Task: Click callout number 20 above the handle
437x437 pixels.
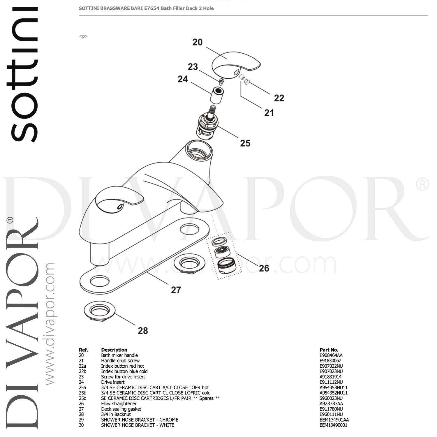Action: [197, 42]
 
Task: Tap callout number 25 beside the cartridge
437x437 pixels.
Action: [245, 143]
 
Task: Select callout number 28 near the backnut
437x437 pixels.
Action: [143, 330]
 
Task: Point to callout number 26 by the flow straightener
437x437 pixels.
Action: [264, 268]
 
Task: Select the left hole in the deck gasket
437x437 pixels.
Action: [98, 281]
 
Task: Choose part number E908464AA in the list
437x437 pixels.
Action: [331, 355]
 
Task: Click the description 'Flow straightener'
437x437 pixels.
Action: [119, 403]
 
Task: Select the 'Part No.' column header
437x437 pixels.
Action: [329, 350]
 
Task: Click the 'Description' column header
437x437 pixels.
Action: [114, 350]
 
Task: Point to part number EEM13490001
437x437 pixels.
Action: [333, 425]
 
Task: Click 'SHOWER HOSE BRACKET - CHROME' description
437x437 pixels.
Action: [140, 420]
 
